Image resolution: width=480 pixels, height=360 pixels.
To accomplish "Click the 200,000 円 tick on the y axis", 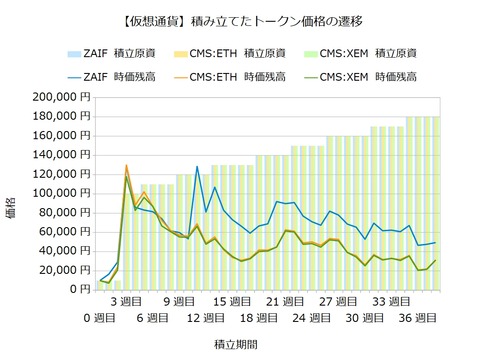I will tap(62, 97).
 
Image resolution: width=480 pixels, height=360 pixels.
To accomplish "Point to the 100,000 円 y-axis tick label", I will tap(62, 193).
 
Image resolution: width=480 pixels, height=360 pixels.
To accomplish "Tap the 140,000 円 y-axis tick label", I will tap(62, 155).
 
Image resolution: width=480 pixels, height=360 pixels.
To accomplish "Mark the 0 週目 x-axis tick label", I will tap(100, 318).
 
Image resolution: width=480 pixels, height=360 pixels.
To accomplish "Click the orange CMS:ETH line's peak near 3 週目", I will tap(126, 166).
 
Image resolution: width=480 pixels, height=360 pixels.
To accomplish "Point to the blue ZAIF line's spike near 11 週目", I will tap(197, 166).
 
